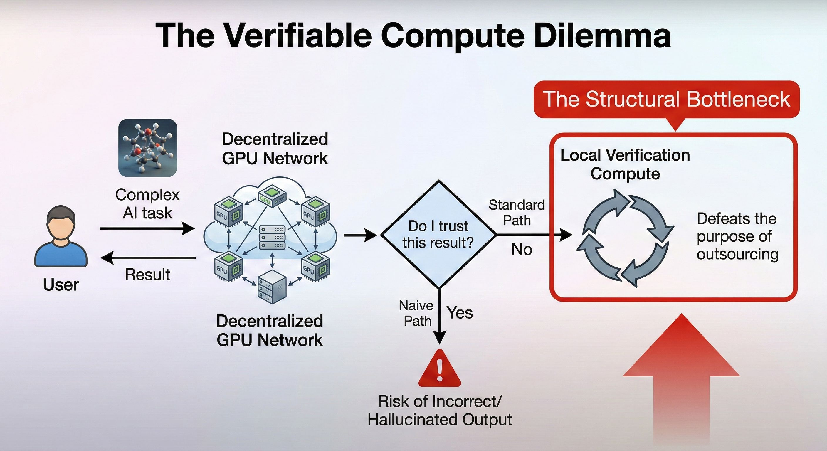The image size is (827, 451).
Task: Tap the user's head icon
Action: (61, 223)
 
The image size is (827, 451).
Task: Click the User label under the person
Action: (61, 285)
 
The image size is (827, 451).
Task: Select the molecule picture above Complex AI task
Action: (148, 148)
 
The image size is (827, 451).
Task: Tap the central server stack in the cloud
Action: (272, 238)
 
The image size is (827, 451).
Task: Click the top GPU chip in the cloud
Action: (272, 196)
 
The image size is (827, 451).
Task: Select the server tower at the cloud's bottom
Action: (272, 287)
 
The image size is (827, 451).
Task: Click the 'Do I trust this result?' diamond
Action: (438, 235)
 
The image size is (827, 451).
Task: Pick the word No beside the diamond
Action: (522, 249)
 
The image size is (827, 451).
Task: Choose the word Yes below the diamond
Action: (460, 313)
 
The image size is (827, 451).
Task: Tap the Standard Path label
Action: (517, 213)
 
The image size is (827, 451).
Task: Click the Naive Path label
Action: (416, 313)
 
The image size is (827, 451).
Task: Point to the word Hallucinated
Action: (412, 420)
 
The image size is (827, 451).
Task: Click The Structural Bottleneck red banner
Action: (666, 99)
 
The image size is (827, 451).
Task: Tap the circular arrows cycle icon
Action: (625, 238)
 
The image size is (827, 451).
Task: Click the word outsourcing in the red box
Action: (737, 255)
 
